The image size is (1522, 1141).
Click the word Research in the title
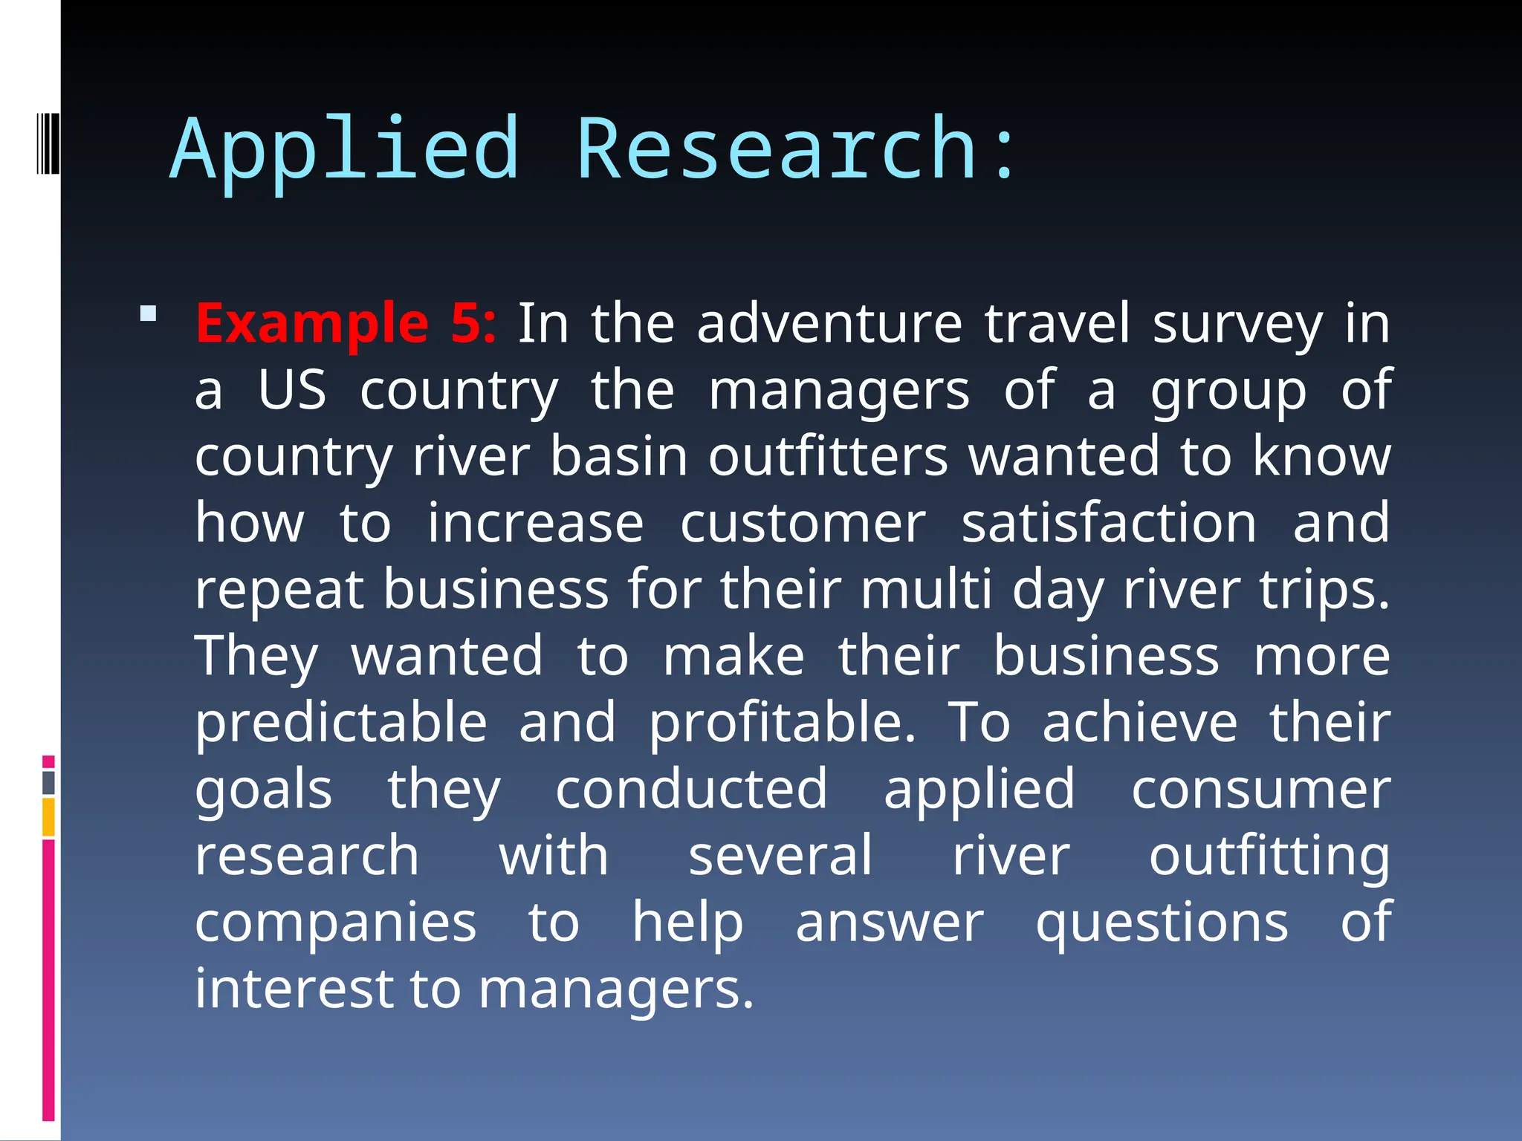pyautogui.click(x=776, y=150)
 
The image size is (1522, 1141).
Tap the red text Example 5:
pyautogui.click(x=346, y=324)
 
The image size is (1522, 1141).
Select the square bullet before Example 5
pyautogui.click(x=149, y=313)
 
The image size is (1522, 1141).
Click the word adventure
pyautogui.click(x=829, y=324)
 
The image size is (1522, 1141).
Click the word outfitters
pyautogui.click(x=828, y=456)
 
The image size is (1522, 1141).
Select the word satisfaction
pyautogui.click(x=1109, y=523)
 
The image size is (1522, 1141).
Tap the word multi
pyautogui.click(x=926, y=589)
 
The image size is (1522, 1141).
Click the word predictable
pyautogui.click(x=341, y=723)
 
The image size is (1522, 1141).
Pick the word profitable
pyautogui.click(x=782, y=723)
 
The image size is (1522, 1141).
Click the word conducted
pyautogui.click(x=691, y=789)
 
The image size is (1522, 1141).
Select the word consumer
pyautogui.click(x=1260, y=789)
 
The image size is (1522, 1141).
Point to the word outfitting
pyautogui.click(x=1269, y=856)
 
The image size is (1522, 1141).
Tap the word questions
pyautogui.click(x=1162, y=923)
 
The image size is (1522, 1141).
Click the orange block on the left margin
pyautogui.click(x=49, y=817)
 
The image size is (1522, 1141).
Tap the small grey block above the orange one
pyautogui.click(x=49, y=783)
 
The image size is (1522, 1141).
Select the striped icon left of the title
pyautogui.click(x=48, y=143)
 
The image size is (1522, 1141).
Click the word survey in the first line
pyautogui.click(x=1237, y=324)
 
